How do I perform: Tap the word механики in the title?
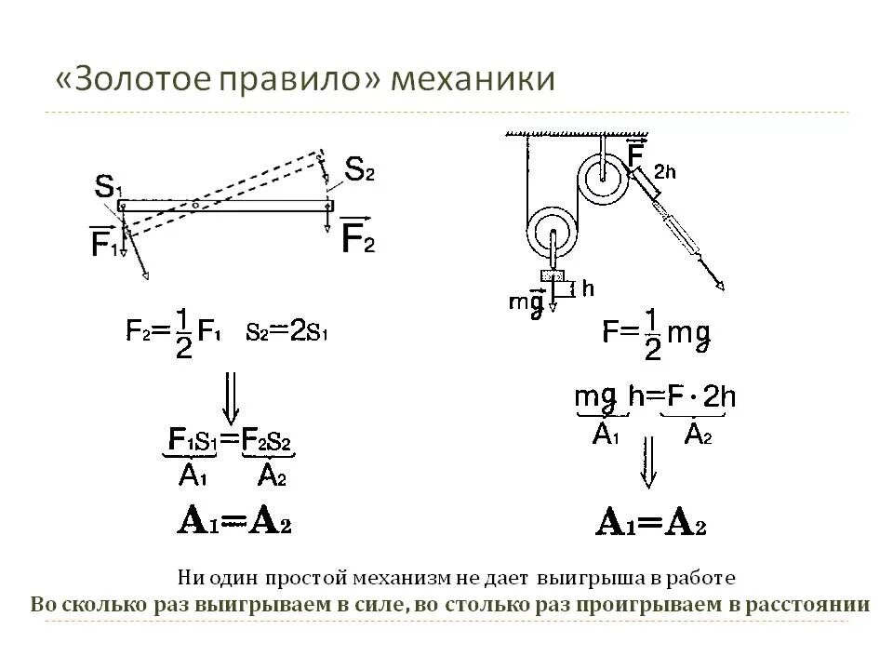pyautogui.click(x=473, y=79)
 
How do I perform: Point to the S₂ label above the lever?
pyautogui.click(x=359, y=168)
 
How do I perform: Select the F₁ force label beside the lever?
pyautogui.click(x=104, y=243)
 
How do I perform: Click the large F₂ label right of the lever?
pyautogui.click(x=358, y=239)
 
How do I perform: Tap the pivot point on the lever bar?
pyautogui.click(x=195, y=204)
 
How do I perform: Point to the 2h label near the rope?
pyautogui.click(x=664, y=171)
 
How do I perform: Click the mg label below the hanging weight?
pyautogui.click(x=526, y=302)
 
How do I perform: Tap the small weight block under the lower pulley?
pyautogui.click(x=553, y=275)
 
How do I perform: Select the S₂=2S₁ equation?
pyautogui.click(x=288, y=331)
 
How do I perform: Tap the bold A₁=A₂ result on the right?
pyautogui.click(x=651, y=523)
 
